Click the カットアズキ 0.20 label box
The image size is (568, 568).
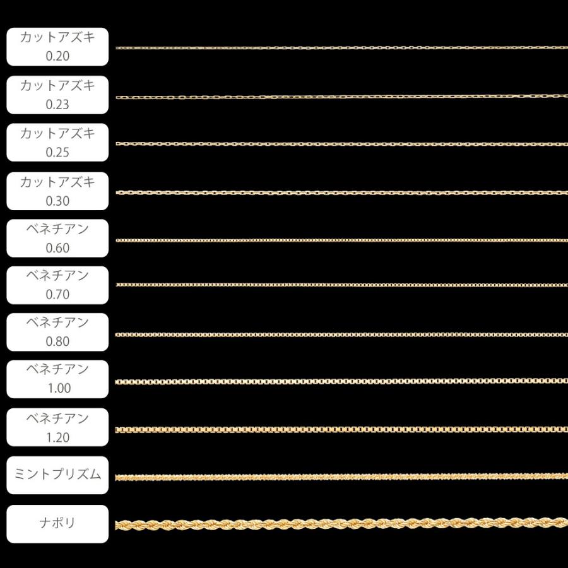coord(57,47)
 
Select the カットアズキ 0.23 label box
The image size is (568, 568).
coord(57,95)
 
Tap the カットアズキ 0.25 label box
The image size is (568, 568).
coord(57,143)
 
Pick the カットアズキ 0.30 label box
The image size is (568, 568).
coord(57,191)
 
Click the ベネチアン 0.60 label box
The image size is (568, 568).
coord(57,238)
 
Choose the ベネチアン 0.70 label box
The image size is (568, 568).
coord(57,285)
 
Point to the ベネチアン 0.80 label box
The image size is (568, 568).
coord(57,332)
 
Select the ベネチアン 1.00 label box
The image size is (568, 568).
coord(57,379)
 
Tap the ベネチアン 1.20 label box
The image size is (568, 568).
coord(57,427)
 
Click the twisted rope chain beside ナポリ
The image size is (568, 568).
coord(341,524)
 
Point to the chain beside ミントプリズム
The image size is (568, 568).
coord(341,477)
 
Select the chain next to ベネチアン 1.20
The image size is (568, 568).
coord(341,430)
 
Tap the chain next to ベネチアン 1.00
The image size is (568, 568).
coord(341,381)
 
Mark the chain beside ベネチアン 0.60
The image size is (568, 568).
coord(341,240)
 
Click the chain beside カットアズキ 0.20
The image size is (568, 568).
coord(341,47)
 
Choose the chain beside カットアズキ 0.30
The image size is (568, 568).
coord(341,192)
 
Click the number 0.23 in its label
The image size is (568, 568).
coord(57,104)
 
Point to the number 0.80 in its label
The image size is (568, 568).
coord(57,341)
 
